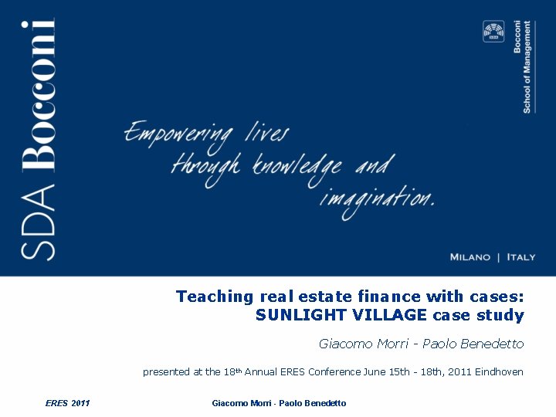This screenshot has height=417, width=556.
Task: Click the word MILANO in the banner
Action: pos(470,257)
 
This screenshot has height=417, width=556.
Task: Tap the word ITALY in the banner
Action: pos(520,257)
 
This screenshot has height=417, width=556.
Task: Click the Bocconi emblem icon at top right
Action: pos(493,32)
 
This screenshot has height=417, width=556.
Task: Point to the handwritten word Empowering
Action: pos(178,134)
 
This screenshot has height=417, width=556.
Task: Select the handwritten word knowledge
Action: pos(298,165)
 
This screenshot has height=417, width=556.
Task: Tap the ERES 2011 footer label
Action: pos(68,403)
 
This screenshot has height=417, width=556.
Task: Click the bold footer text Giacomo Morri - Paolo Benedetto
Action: pos(279,403)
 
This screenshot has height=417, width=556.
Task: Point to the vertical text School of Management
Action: pos(527,67)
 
